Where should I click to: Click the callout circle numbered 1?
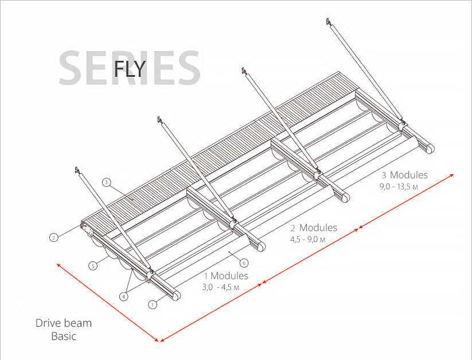pyautogui.click(x=153, y=304)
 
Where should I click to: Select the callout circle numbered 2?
pyautogui.click(x=53, y=238)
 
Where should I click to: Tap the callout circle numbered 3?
pyautogui.click(x=107, y=182)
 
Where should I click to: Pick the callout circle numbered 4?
pyautogui.click(x=123, y=296)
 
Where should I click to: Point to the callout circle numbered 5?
pyautogui.click(x=93, y=266)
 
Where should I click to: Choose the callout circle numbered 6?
pyautogui.click(x=244, y=263)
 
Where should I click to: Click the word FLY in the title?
pyautogui.click(x=130, y=69)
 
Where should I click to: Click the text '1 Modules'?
pyautogui.click(x=227, y=276)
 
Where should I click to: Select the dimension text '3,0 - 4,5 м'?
pyautogui.click(x=221, y=287)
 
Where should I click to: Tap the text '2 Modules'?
pyautogui.click(x=314, y=228)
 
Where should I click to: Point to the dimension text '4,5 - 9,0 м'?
pyautogui.click(x=307, y=240)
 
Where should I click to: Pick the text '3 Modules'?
pyautogui.click(x=405, y=175)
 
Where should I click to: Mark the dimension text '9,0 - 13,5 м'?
pyautogui.click(x=399, y=187)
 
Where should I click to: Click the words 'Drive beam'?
pyautogui.click(x=64, y=323)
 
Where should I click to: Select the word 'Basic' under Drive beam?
pyautogui.click(x=64, y=336)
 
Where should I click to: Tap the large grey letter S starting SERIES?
pyautogui.click(x=72, y=68)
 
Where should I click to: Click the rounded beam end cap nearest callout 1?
pyautogui.click(x=176, y=295)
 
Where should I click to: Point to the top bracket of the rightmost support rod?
pyautogui.click(x=329, y=22)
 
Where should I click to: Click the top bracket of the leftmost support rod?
pyautogui.click(x=77, y=170)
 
